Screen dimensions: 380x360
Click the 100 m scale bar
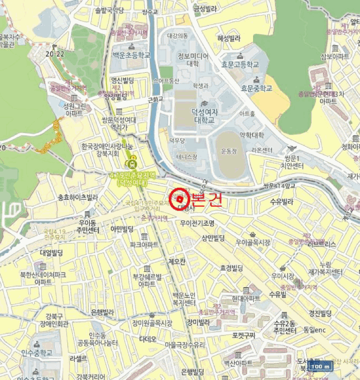pyautogui.click(x=319, y=366)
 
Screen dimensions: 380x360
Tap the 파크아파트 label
pyautogui.click(x=144, y=245)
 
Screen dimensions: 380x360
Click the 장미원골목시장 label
pyautogui.click(x=152, y=323)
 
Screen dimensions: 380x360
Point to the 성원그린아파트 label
pyautogui.click(x=74, y=110)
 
